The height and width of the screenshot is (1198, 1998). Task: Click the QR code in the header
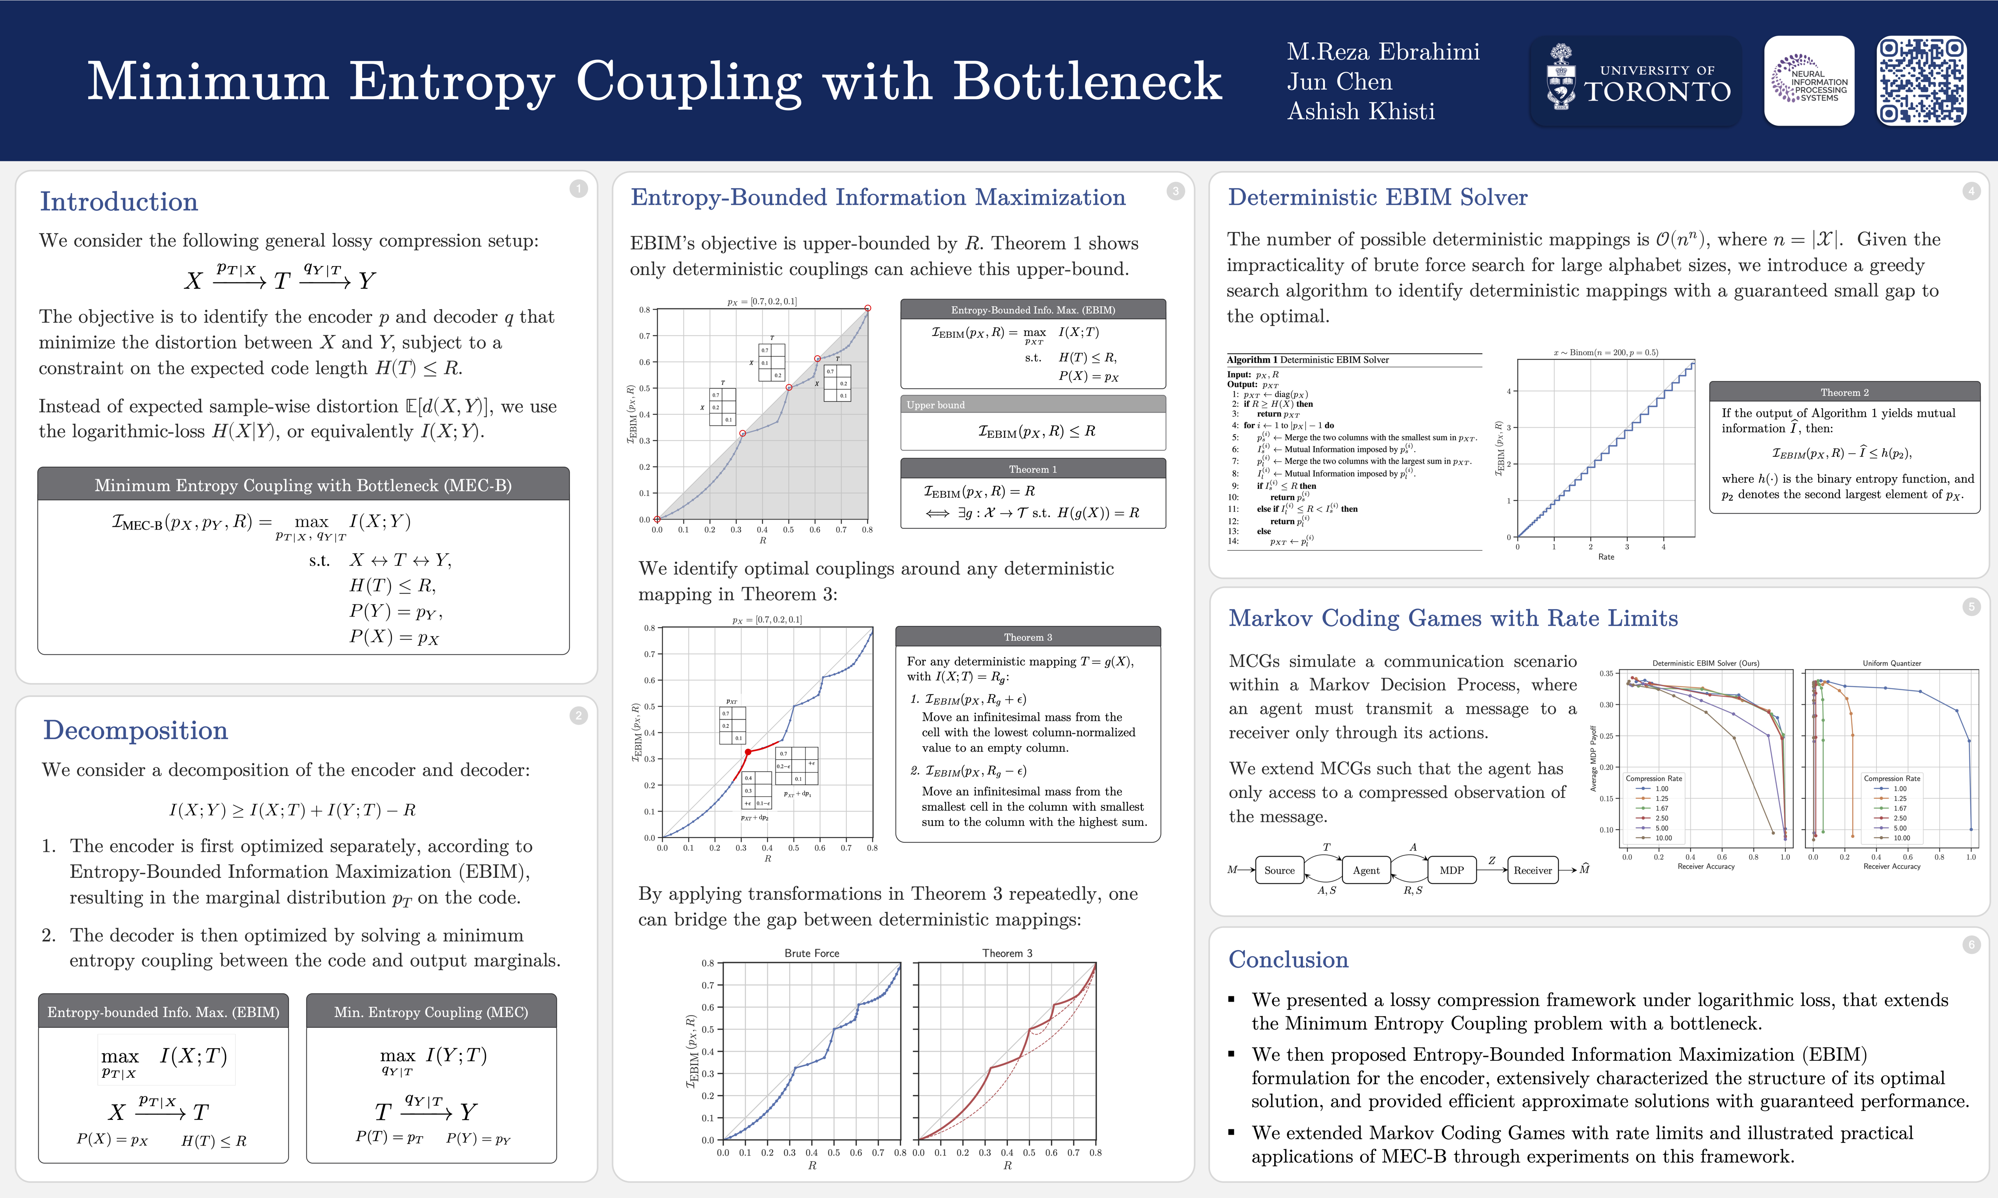tap(1921, 81)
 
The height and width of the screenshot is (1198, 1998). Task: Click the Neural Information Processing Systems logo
tap(1809, 81)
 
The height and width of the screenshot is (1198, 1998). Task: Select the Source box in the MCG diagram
tap(1279, 870)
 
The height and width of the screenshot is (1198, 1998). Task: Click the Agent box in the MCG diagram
tap(1366, 870)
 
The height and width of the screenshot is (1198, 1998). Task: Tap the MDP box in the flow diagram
tap(1451, 870)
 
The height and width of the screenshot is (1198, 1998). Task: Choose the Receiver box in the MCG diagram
tap(1532, 870)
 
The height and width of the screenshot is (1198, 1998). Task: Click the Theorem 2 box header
tap(1844, 392)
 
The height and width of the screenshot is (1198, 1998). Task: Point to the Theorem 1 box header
tap(1032, 469)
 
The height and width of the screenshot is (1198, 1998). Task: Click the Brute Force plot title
tap(812, 953)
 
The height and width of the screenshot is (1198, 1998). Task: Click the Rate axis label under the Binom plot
tap(1605, 557)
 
